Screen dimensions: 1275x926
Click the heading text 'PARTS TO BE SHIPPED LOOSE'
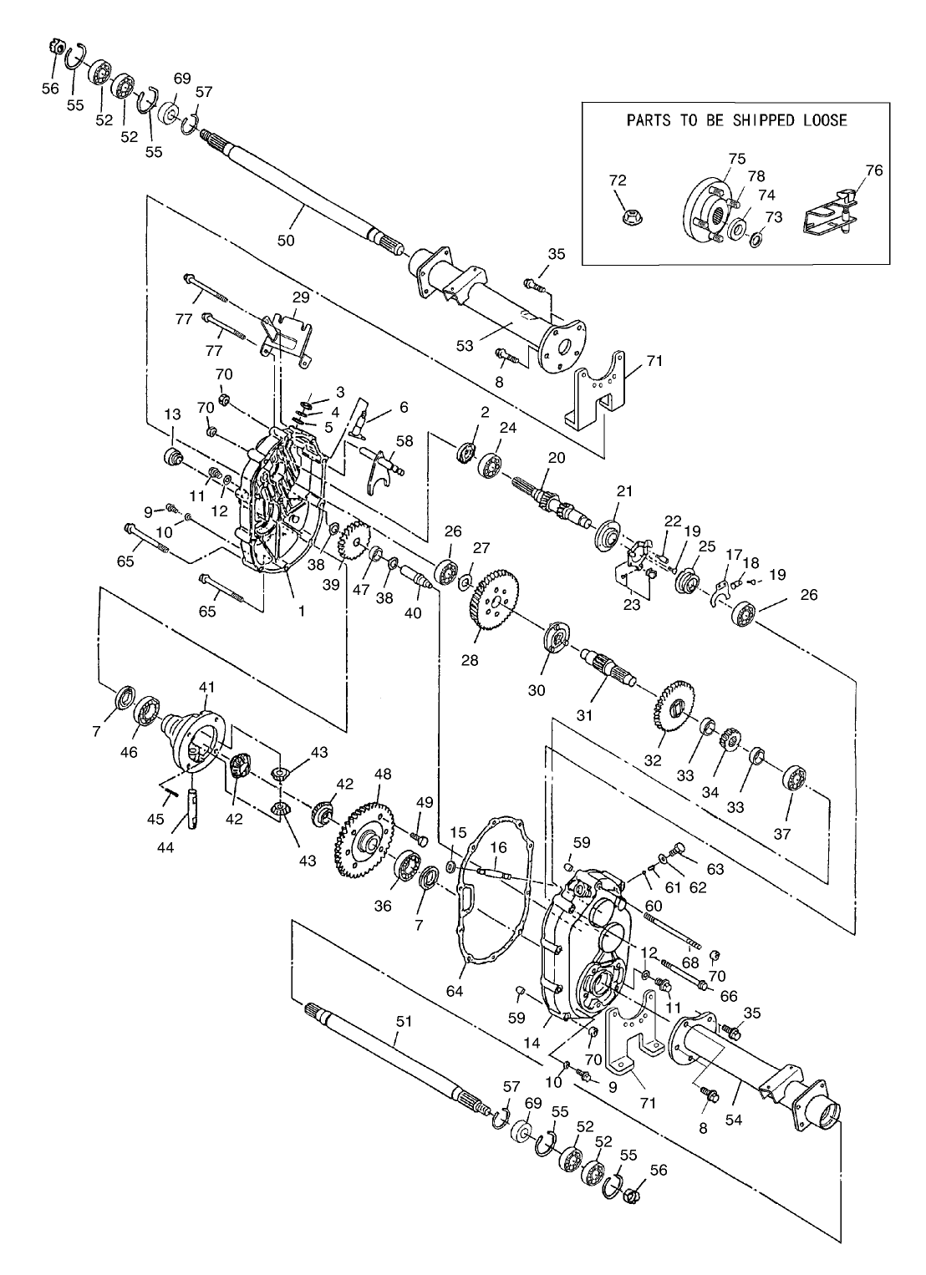pyautogui.click(x=736, y=120)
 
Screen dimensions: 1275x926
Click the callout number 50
pyautogui.click(x=286, y=240)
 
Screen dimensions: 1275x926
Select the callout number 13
pyautogui.click(x=172, y=415)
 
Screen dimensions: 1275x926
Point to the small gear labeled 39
pyautogui.click(x=355, y=540)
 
